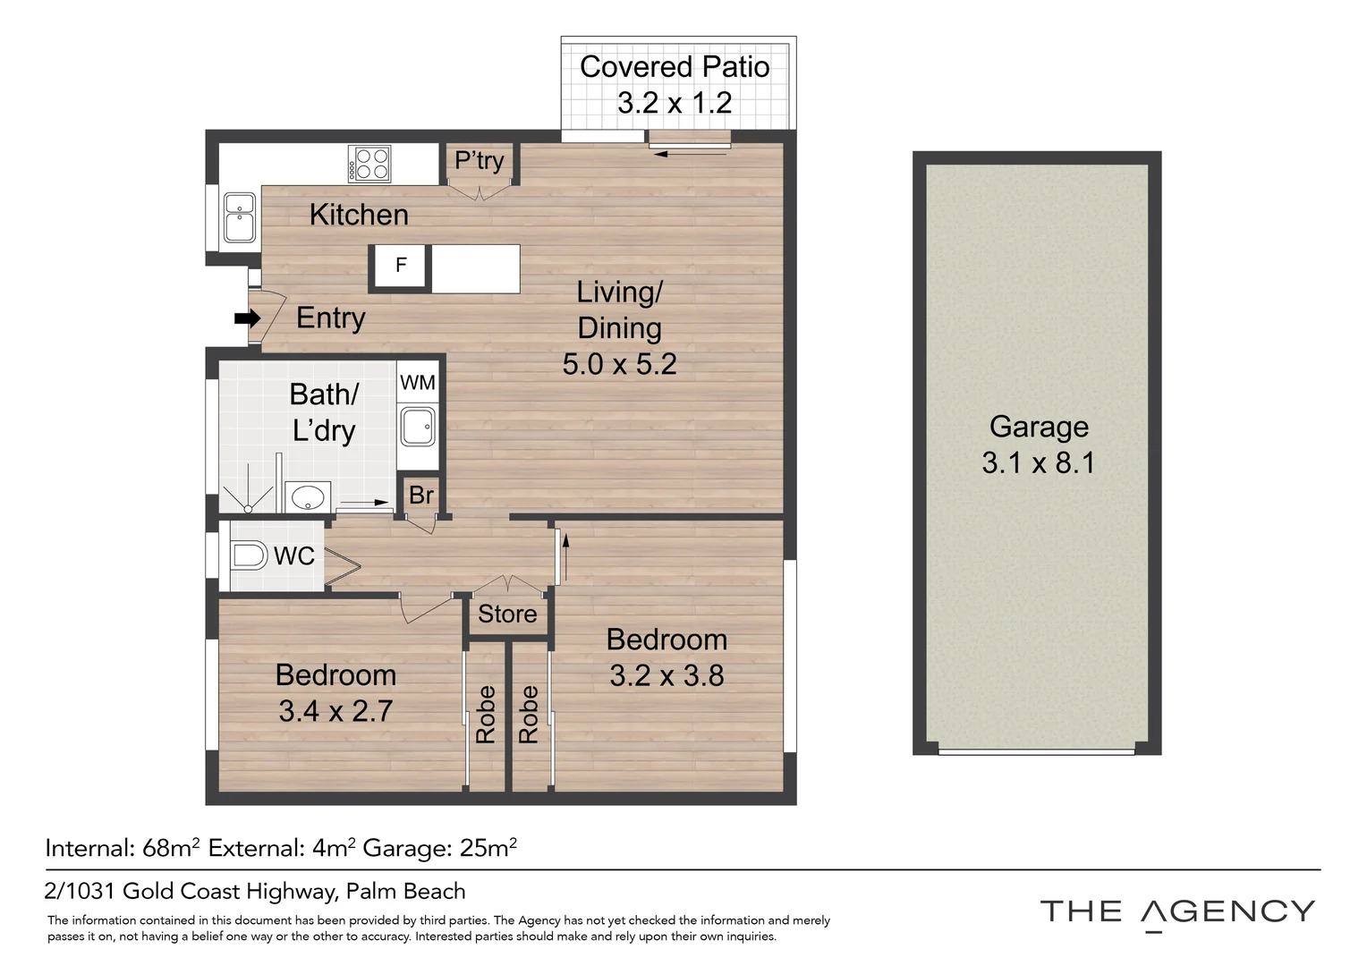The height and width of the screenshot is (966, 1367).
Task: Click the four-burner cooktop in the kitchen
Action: point(369,165)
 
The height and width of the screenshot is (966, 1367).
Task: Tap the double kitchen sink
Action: point(239,217)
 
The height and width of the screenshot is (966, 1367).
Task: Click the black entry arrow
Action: point(247,318)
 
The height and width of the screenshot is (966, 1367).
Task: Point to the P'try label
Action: point(480,161)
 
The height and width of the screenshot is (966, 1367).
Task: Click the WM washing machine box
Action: point(418,383)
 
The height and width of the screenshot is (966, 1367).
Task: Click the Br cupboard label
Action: point(420,495)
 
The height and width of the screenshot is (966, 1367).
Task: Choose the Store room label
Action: point(507,614)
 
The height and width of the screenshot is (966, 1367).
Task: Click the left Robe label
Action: point(486,715)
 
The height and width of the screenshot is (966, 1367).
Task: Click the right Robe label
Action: point(529,715)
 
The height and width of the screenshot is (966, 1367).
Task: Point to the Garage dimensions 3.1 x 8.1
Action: point(1038,463)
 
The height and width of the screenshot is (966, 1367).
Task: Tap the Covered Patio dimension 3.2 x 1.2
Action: point(675,103)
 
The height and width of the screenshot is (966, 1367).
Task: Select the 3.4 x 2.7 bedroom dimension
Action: point(335,711)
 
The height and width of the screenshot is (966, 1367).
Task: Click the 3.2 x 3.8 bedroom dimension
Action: point(667,675)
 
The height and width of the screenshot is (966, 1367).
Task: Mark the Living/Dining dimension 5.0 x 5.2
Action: point(619,364)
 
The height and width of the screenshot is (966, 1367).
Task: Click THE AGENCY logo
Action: point(1177,912)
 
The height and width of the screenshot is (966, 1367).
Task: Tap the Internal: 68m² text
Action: point(123,848)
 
